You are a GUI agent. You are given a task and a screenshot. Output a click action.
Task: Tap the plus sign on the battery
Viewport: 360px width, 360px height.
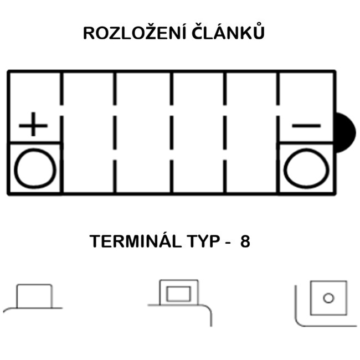33,125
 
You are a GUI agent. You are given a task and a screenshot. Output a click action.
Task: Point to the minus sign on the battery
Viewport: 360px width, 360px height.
306,126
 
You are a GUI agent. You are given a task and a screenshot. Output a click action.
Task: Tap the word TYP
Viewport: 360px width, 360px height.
203,243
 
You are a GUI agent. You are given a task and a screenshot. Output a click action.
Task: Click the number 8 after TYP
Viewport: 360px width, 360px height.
245,243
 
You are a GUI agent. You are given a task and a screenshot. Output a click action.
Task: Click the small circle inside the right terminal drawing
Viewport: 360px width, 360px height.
328,298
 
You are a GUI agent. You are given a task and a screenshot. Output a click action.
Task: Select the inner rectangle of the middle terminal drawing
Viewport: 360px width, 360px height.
179,294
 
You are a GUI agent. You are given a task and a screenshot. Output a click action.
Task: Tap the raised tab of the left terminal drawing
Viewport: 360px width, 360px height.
34,296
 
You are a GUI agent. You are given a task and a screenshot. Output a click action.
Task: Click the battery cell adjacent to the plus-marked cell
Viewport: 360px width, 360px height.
89,133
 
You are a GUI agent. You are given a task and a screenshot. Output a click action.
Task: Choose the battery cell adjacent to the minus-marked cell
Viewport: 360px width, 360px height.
252,133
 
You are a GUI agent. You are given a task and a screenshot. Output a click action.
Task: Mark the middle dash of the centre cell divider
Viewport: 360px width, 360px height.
171,133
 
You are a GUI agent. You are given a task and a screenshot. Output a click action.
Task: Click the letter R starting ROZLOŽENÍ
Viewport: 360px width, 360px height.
89,34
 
